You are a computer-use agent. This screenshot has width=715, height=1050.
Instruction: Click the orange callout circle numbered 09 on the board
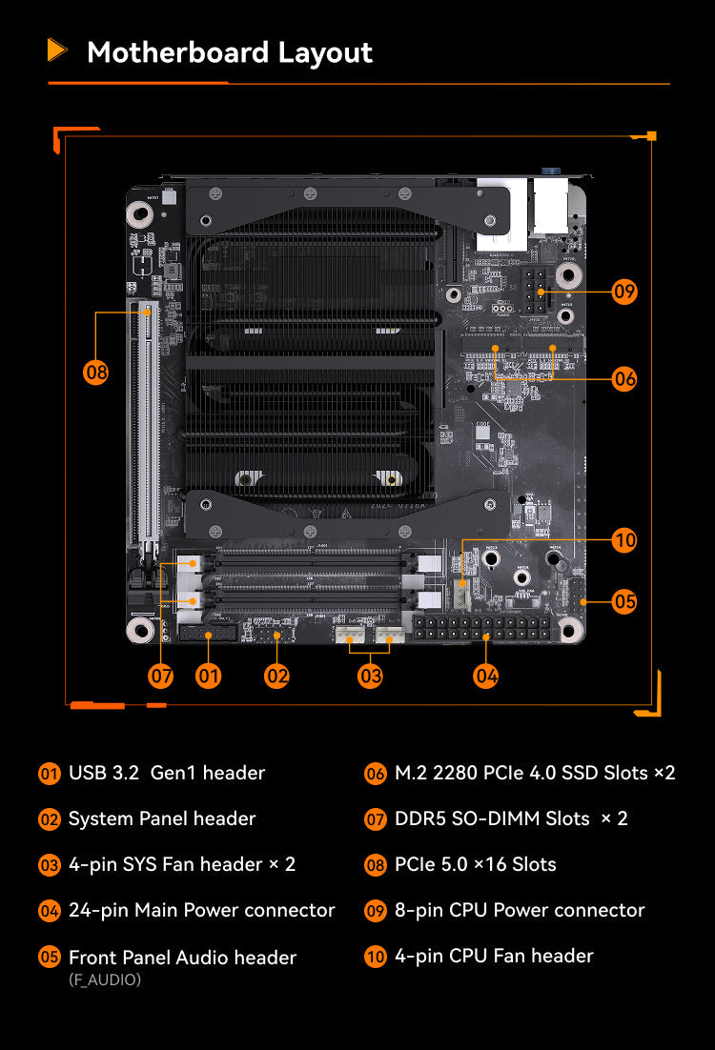[x=624, y=292]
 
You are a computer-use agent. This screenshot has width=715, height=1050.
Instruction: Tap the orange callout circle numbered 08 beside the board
[x=96, y=372]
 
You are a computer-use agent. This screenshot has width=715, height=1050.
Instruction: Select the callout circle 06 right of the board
[x=624, y=379]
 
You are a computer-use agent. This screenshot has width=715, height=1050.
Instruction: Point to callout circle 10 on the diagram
[x=624, y=539]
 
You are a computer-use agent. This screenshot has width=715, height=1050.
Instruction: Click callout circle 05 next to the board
[x=624, y=601]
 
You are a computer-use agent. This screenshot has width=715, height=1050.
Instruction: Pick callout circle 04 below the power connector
[x=486, y=676]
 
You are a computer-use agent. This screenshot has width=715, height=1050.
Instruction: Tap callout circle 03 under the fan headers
[x=370, y=676]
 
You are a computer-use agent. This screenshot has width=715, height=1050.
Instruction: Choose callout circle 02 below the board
[x=276, y=676]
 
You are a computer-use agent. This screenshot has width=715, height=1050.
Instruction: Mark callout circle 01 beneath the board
[x=209, y=676]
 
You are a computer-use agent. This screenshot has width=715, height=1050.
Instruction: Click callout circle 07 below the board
[x=161, y=676]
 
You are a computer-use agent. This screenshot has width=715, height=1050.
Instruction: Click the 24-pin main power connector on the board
[x=482, y=628]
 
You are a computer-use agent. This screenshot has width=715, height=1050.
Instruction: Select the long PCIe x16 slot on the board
[x=144, y=422]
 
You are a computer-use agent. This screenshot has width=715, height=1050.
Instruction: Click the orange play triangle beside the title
[x=57, y=50]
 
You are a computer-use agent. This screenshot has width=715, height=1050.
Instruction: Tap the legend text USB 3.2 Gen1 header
[x=167, y=773]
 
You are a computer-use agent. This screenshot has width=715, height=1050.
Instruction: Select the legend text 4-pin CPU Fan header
[x=494, y=956]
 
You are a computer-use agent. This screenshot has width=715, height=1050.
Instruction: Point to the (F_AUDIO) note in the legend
[x=105, y=979]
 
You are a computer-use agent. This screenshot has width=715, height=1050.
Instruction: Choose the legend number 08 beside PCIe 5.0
[x=376, y=864]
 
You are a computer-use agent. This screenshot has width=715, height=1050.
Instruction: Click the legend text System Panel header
[x=162, y=818]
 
